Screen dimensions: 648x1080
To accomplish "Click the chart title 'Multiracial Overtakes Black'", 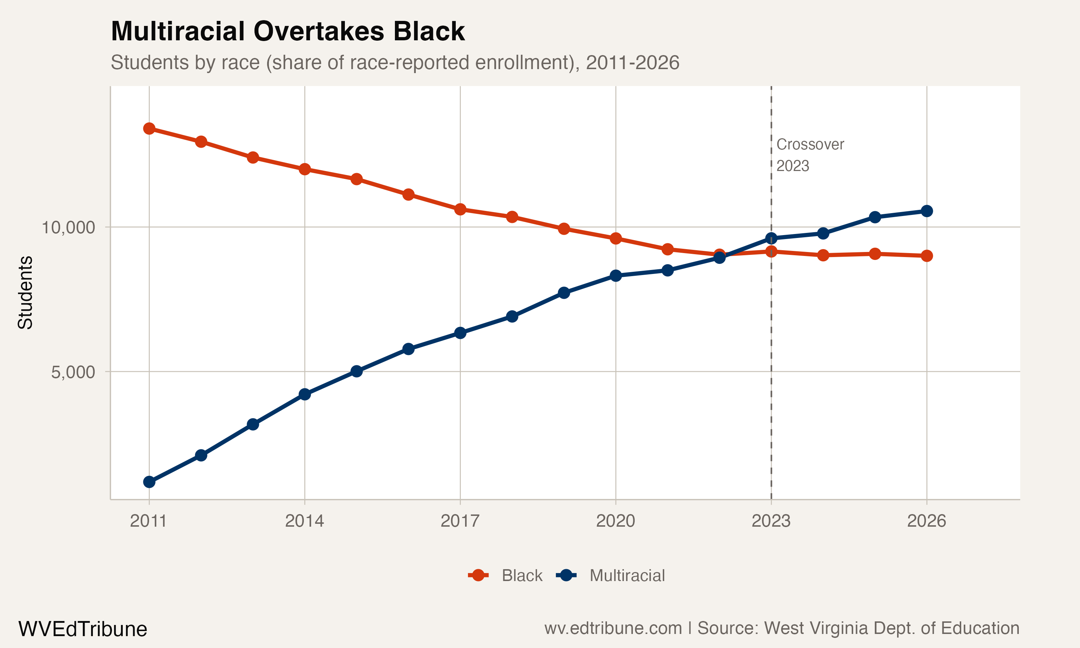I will pos(288,31).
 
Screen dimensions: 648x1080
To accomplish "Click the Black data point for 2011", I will pos(149,129).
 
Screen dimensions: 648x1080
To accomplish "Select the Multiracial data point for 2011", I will pos(149,482).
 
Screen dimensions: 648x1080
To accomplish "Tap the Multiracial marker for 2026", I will pos(927,211).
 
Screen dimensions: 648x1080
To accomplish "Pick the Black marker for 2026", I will pos(927,256).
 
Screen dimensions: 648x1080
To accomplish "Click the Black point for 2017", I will pos(460,210).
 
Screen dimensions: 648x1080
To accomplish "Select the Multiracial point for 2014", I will pos(305,394).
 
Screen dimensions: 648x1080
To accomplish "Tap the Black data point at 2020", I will pos(616,238).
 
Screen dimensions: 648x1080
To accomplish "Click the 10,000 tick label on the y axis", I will pos(68,228).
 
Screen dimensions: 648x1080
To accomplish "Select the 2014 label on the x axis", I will pos(305,521).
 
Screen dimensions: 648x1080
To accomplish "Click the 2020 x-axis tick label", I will pos(616,521).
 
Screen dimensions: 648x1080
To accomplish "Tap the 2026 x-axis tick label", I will pos(926,521).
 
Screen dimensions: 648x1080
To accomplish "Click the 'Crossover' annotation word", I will pos(810,144).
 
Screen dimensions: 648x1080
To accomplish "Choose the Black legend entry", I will pos(522,576).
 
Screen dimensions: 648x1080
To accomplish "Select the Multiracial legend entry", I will pos(627,576).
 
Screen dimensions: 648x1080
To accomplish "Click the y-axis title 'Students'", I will pos(25,293).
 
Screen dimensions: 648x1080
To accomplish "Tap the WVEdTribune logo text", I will pos(82,629).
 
